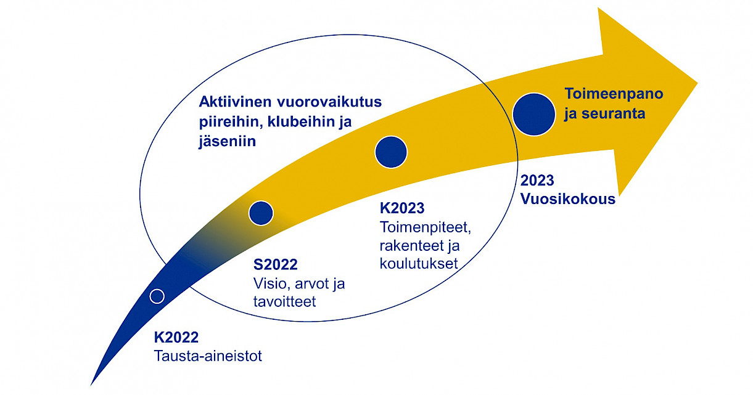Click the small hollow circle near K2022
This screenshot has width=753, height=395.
click(157, 296)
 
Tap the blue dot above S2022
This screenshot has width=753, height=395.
click(261, 213)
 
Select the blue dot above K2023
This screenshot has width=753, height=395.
click(391, 152)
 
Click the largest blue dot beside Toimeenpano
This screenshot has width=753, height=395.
click(534, 114)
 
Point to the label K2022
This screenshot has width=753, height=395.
click(176, 337)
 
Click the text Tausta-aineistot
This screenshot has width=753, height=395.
click(208, 356)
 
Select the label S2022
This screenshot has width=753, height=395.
click(275, 265)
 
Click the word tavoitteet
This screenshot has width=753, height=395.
click(284, 301)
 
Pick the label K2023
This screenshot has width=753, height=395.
click(402, 208)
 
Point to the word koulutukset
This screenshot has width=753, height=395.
click(419, 264)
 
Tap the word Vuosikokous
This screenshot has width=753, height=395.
click(568, 199)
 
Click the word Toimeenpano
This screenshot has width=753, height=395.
click(614, 94)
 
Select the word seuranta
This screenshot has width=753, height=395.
click(614, 113)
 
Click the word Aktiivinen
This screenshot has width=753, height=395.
click(236, 102)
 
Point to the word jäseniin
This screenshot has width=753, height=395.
click(227, 141)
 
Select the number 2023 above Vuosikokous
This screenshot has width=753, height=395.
click(537, 181)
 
